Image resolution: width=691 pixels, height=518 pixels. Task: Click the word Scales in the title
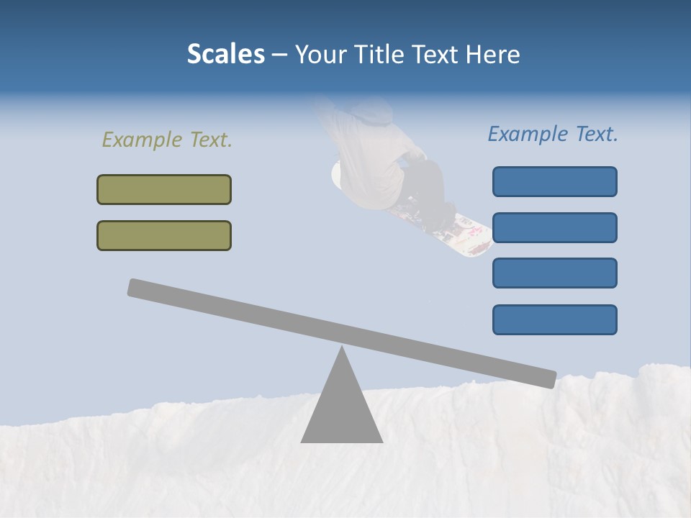point(225,54)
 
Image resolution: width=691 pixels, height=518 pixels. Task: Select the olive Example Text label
point(167,140)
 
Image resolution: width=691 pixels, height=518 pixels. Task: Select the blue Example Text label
point(553,134)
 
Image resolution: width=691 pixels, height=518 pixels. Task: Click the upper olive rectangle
point(164,189)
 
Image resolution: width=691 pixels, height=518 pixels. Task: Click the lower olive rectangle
point(164,235)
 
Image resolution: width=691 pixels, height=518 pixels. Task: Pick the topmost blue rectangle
point(554,181)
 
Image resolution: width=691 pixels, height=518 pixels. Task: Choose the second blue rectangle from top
point(554,227)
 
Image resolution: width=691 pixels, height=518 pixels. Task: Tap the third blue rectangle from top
point(554,273)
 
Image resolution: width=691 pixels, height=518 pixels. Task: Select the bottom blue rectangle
point(554,319)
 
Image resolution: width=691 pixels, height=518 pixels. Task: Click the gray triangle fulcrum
point(342,410)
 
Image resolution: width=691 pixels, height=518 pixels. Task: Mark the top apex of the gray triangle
point(342,348)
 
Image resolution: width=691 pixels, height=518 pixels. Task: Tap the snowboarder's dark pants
point(426,183)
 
